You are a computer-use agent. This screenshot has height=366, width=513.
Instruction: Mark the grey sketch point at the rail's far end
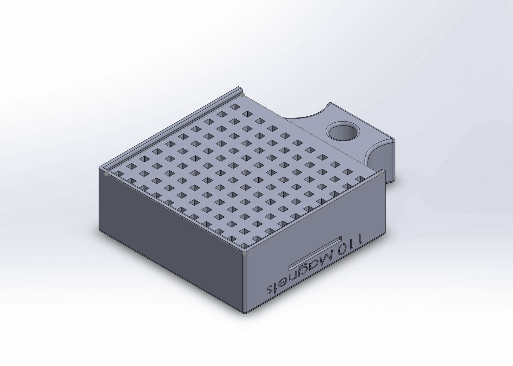click(243, 95)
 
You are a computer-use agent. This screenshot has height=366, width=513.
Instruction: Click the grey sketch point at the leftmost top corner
click(107, 173)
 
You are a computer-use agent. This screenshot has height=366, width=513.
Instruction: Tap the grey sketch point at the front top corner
click(245, 252)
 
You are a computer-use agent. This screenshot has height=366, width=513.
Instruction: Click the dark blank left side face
click(169, 234)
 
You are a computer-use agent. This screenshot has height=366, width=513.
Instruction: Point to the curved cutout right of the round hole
click(377, 156)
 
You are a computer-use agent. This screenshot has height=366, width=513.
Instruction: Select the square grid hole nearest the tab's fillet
click(361, 179)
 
